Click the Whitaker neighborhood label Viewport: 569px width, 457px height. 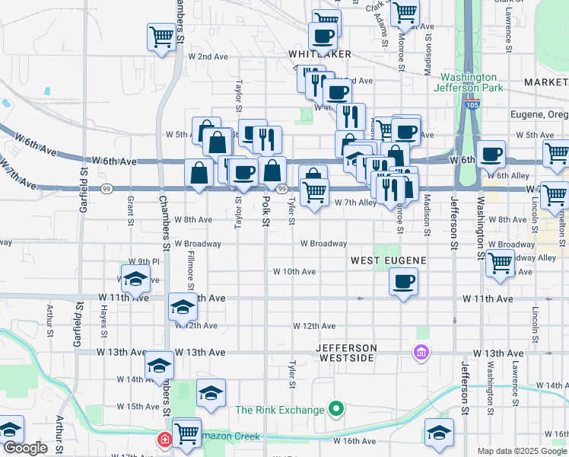(319, 54)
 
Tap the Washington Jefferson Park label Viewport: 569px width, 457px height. (469, 82)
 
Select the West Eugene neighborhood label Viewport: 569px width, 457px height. (388, 260)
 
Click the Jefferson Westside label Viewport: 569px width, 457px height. (345, 353)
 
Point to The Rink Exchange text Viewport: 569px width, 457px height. (279, 410)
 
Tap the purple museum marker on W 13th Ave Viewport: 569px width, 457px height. (421, 353)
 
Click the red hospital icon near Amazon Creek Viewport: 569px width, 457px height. (164, 439)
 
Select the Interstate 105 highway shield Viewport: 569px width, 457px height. (472, 104)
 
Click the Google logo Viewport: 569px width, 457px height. (24, 448)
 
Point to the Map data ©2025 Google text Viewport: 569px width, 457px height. (522, 451)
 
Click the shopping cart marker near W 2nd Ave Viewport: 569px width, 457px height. (161, 37)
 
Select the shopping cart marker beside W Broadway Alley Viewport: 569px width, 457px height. (500, 264)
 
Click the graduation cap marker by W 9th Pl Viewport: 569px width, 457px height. (135, 281)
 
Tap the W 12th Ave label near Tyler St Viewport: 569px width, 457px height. (315, 326)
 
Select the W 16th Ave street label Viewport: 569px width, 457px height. (354, 441)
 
